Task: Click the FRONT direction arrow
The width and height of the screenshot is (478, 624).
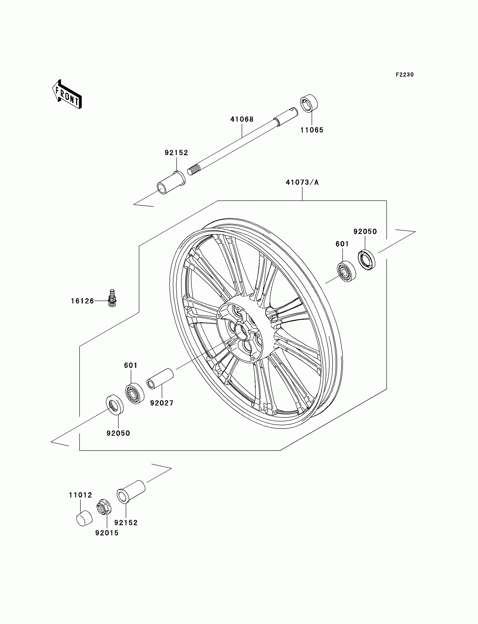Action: click(67, 95)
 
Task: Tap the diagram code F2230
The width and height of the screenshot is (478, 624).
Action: click(405, 75)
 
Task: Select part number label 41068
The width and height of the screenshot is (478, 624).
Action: click(242, 119)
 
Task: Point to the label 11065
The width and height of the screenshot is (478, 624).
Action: click(312, 130)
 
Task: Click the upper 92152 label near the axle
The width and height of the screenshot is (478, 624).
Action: click(176, 153)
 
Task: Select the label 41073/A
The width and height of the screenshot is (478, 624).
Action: click(302, 182)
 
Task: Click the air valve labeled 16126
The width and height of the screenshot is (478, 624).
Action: click(113, 298)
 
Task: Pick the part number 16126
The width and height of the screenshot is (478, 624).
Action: click(82, 301)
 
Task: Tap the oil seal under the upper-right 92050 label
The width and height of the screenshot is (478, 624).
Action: click(366, 260)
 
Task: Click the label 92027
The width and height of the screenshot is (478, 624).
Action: click(162, 403)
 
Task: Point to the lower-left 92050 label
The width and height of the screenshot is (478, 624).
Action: click(118, 433)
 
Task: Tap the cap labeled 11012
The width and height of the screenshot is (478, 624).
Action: click(84, 518)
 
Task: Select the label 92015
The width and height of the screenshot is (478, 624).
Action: click(107, 533)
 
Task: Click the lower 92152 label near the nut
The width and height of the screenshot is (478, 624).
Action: click(126, 523)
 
